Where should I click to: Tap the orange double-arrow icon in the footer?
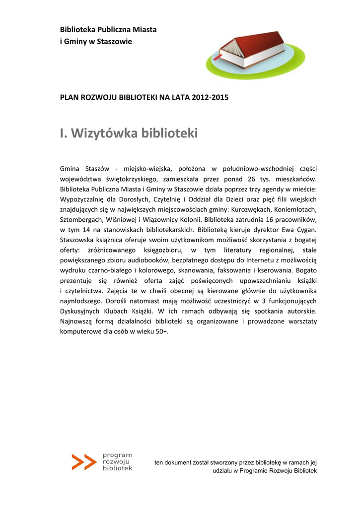point(83,462)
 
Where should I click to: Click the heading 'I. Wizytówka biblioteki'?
point(129,133)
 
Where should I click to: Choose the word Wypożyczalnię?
point(83,199)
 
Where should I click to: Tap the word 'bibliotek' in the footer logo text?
point(117,468)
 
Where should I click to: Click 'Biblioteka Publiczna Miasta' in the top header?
point(108,30)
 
